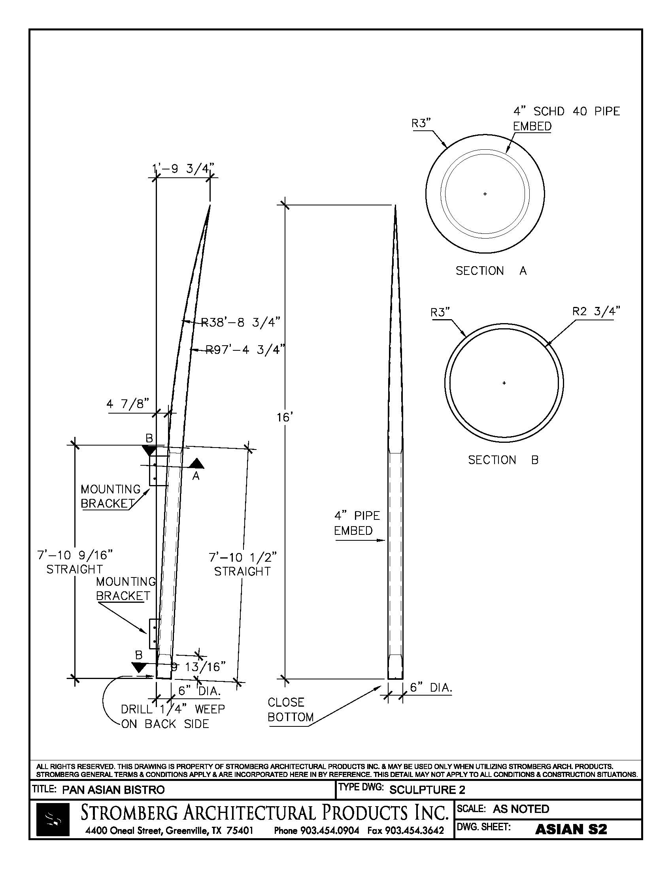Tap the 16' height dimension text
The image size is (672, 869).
(x=285, y=418)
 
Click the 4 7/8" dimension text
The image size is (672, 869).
(x=127, y=404)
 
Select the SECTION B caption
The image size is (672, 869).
(x=503, y=460)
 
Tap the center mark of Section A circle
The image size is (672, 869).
(x=485, y=194)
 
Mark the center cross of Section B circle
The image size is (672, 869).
(x=504, y=383)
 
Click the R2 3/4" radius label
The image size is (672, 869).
(x=596, y=311)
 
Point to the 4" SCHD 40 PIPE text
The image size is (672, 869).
(x=566, y=111)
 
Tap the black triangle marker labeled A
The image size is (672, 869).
(x=196, y=464)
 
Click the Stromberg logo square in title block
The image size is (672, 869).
(x=53, y=819)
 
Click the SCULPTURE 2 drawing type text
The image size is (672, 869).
(x=427, y=790)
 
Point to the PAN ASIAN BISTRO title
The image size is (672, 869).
(x=113, y=790)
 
